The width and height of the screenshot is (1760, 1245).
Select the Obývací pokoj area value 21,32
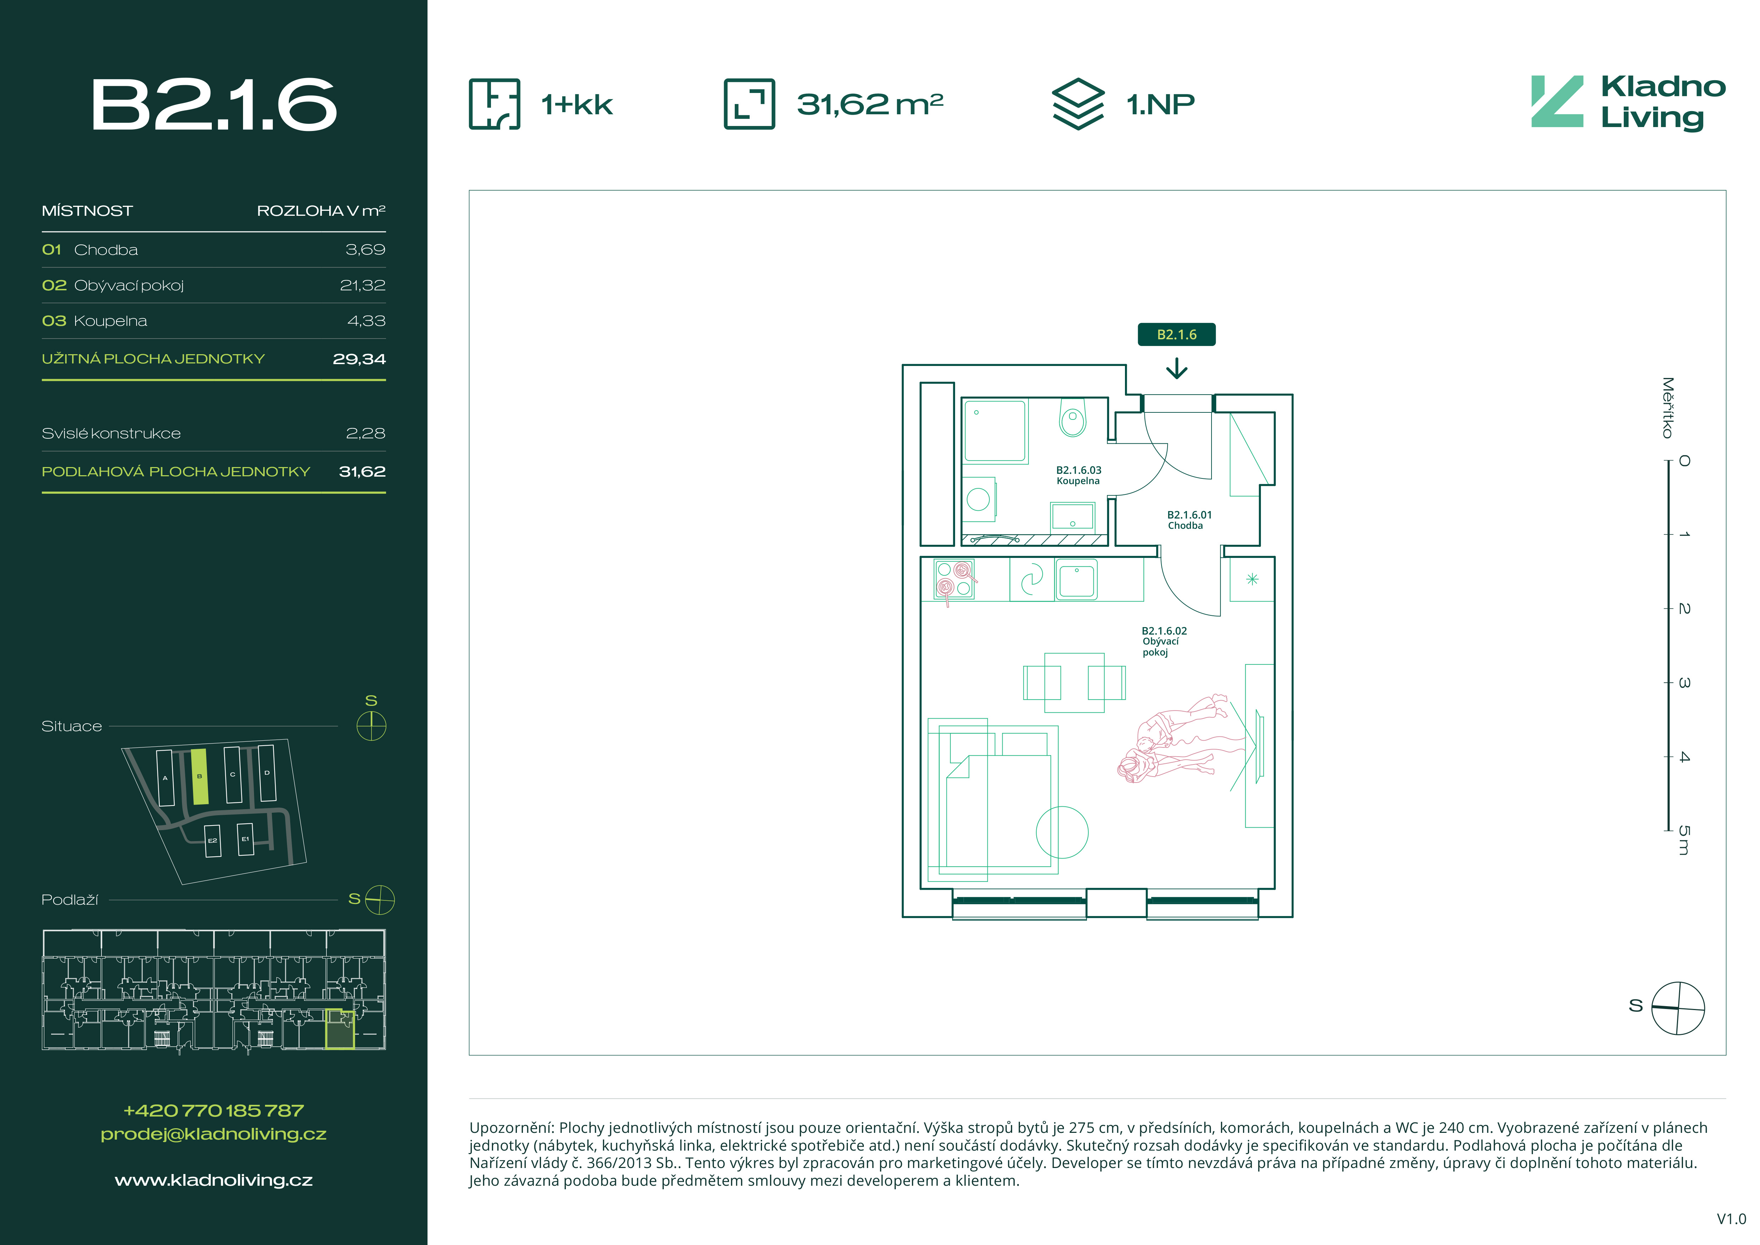click(363, 285)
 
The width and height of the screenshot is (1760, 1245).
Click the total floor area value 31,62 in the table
click(362, 471)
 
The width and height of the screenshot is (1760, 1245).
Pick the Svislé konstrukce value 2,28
click(366, 433)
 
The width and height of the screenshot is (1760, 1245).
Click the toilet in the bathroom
click(1072, 418)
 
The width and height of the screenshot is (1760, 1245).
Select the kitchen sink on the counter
click(1076, 579)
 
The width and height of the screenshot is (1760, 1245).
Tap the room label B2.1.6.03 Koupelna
click(1078, 475)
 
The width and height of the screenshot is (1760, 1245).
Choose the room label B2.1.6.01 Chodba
click(1189, 520)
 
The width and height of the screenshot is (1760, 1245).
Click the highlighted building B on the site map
click(199, 777)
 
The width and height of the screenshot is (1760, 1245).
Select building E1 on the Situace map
click(245, 839)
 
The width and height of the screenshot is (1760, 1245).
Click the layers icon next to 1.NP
click(1078, 104)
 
